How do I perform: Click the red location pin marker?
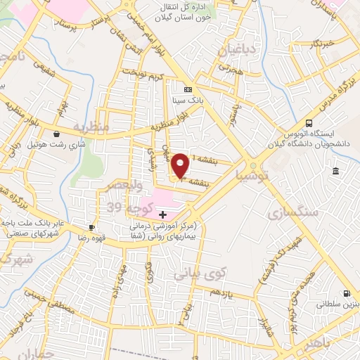pyautogui.click(x=181, y=165)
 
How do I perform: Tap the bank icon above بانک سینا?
pyautogui.click(x=187, y=90)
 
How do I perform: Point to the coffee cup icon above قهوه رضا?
pyautogui.click(x=91, y=227)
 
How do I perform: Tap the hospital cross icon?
pyautogui.click(x=163, y=214)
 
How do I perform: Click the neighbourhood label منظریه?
pyautogui.click(x=92, y=129)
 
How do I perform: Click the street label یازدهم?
pyautogui.click(x=220, y=291)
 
